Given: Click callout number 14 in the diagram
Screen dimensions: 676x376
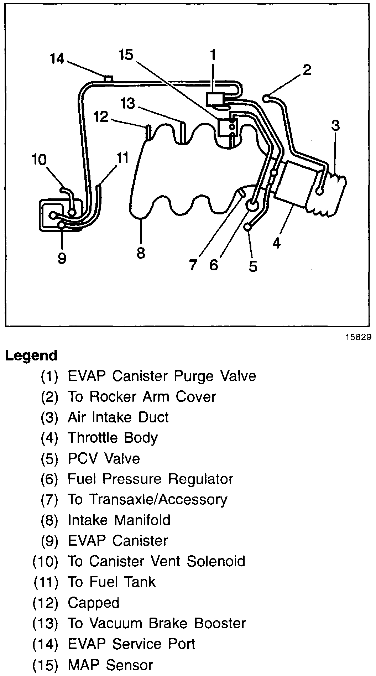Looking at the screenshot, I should (x=57, y=58).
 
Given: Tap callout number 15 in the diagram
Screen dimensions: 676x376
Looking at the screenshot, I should (x=126, y=54).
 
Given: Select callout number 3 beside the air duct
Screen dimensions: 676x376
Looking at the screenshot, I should (x=335, y=125).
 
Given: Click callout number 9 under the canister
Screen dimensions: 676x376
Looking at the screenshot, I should (x=62, y=258).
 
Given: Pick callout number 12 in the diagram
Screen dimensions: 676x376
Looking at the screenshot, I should (x=101, y=116).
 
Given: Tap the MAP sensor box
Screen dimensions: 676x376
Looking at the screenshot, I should (x=226, y=127).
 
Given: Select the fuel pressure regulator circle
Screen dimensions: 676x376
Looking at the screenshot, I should (x=252, y=205).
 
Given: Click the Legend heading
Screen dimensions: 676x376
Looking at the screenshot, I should (x=31, y=355).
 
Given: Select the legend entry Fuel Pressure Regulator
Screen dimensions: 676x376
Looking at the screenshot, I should (x=150, y=479).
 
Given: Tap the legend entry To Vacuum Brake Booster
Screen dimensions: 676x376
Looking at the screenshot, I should (x=157, y=623).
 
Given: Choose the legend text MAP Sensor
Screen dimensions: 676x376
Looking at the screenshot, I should (x=110, y=665).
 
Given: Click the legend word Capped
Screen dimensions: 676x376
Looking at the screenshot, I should (x=94, y=603).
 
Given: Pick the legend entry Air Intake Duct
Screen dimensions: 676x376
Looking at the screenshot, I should (x=118, y=417).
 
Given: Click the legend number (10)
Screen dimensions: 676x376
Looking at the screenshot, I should (x=45, y=562).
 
